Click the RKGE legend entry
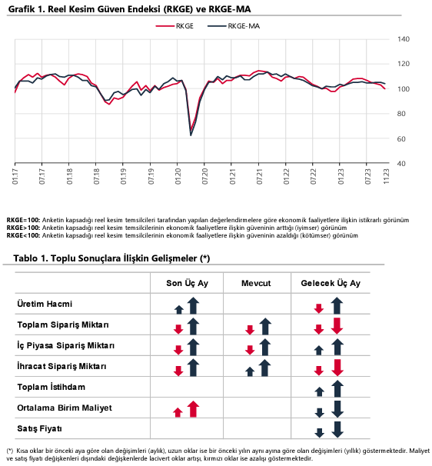(x=174, y=26)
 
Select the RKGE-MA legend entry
(x=234, y=26)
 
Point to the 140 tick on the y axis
(x=404, y=39)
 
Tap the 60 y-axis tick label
(x=401, y=138)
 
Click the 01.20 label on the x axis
(x=178, y=177)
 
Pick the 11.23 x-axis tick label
(x=386, y=177)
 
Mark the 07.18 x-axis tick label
(x=97, y=177)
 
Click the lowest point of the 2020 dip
(x=191, y=135)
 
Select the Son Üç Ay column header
(x=188, y=283)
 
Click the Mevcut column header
(x=256, y=283)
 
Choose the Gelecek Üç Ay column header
(x=331, y=283)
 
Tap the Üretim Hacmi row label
(x=45, y=304)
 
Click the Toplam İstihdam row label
(x=51, y=387)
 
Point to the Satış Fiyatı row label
(x=39, y=428)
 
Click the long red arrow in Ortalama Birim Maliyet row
(x=193, y=409)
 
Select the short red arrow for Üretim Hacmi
(x=319, y=309)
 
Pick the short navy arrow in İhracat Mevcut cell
(x=250, y=371)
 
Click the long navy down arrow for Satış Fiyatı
(x=337, y=429)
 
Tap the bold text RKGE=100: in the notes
(x=23, y=220)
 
